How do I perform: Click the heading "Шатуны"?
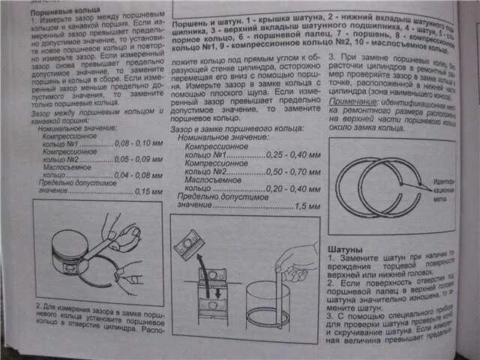(346, 248)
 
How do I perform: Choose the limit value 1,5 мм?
(300, 205)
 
